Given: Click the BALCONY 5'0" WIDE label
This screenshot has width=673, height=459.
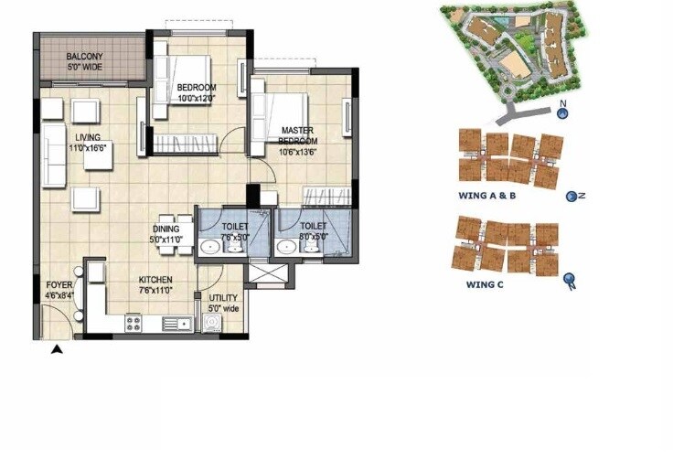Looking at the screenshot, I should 85,62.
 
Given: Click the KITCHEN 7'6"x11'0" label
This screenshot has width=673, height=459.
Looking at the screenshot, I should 155,285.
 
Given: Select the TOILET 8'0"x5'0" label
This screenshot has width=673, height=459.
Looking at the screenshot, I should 313,230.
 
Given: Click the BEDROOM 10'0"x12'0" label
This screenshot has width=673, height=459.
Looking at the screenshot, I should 195,93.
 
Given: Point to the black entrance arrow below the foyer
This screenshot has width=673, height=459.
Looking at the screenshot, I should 57,348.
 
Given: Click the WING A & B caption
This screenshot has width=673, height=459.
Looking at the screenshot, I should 487,196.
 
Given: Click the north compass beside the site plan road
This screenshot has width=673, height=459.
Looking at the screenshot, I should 563,113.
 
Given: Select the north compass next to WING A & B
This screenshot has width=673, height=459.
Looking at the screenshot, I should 573,196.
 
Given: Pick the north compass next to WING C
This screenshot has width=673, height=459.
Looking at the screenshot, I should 570,280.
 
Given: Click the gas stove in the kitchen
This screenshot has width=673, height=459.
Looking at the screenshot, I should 133,322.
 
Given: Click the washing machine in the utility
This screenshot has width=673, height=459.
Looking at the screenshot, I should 212,323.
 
